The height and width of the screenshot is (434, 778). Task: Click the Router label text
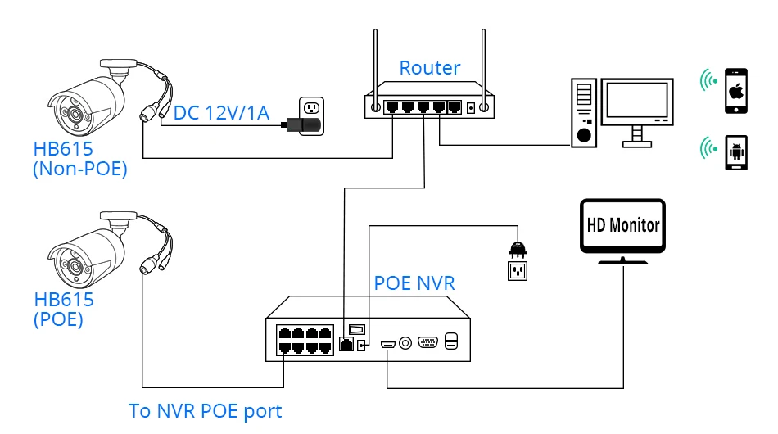pyautogui.click(x=429, y=68)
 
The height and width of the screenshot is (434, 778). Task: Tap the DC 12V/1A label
pyautogui.click(x=221, y=112)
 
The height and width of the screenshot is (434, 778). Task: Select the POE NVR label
pyautogui.click(x=414, y=284)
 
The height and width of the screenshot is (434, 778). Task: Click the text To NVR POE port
pyautogui.click(x=206, y=411)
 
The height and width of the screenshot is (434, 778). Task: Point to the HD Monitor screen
pyautogui.click(x=622, y=224)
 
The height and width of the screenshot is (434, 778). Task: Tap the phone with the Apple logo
pyautogui.click(x=736, y=91)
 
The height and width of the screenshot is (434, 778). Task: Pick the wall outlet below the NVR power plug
pyautogui.click(x=516, y=270)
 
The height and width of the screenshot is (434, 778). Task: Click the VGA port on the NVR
pyautogui.click(x=427, y=342)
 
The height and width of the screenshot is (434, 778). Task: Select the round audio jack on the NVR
pyautogui.click(x=405, y=343)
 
